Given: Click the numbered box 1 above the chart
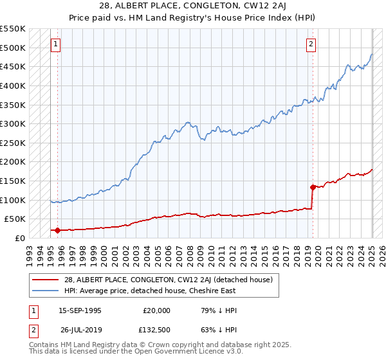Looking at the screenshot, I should pyautogui.click(x=55, y=44).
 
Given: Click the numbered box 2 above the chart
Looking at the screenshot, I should pyautogui.click(x=311, y=44).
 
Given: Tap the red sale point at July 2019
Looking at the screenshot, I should pyautogui.click(x=313, y=188).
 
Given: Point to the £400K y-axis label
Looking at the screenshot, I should pyautogui.click(x=13, y=85).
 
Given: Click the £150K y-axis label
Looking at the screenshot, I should pyautogui.click(x=13, y=181).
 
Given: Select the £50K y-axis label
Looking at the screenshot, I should pyautogui.click(x=15, y=219).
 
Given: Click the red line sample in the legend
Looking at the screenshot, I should pyautogui.click(x=46, y=280).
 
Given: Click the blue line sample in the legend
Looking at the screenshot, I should pyautogui.click(x=46, y=291).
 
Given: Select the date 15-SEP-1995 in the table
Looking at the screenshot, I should pyautogui.click(x=80, y=310).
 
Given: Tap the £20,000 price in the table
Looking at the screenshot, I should pyautogui.click(x=157, y=310).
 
